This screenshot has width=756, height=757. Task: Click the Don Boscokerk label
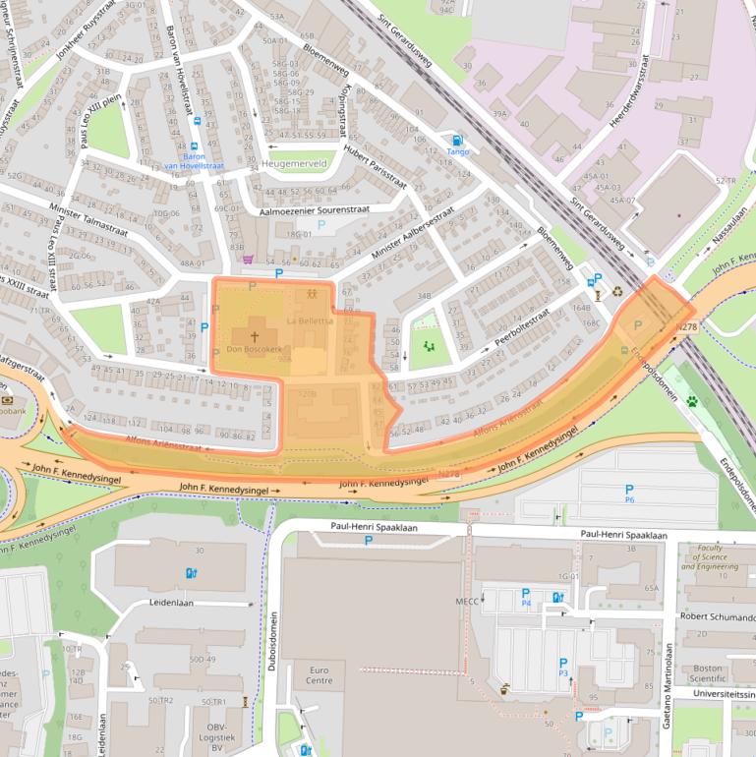[255, 349]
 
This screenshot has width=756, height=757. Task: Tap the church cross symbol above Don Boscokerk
[255, 335]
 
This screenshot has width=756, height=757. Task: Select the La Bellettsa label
[310, 320]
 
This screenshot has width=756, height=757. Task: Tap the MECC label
[466, 601]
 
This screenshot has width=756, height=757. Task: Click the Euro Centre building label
[319, 673]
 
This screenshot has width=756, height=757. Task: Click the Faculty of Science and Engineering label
[710, 557]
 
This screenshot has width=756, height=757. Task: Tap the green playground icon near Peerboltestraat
[428, 346]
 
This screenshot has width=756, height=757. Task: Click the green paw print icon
[692, 401]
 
